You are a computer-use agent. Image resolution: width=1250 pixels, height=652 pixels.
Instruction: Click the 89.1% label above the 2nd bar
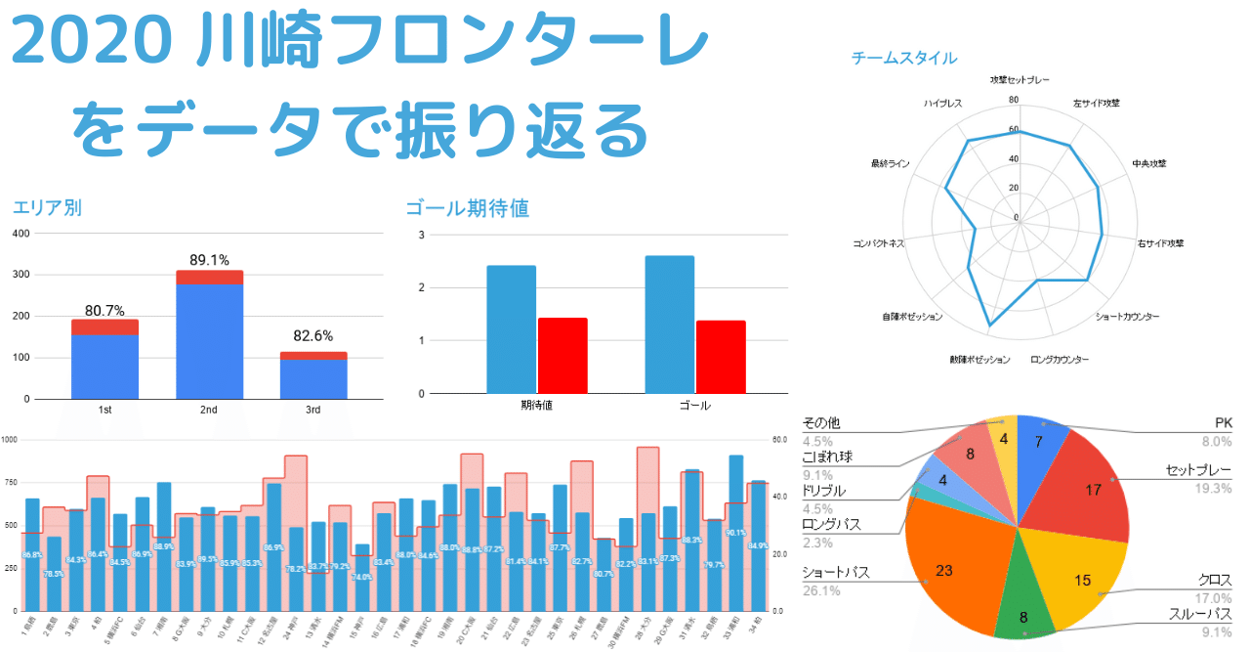coord(209,260)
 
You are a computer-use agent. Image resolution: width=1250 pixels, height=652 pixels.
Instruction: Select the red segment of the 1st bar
coord(104,327)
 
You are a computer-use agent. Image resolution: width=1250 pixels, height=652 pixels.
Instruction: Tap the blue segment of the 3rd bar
coord(312,379)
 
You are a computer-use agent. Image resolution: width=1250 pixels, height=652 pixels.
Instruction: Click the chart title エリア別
coord(47,207)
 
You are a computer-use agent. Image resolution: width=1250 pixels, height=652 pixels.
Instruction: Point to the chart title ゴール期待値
coord(467,207)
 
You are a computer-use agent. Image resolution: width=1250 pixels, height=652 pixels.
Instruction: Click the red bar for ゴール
coord(721,357)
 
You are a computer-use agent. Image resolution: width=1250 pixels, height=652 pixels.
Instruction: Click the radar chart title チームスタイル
coord(903,59)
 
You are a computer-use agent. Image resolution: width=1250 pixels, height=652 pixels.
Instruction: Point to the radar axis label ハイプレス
coord(944,103)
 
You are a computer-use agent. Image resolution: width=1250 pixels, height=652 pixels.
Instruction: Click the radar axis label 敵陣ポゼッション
coord(979,360)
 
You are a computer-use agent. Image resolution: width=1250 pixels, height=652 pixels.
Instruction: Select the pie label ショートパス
coord(835,572)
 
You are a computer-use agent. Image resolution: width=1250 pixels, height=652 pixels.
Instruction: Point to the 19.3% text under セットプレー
coord(1211,488)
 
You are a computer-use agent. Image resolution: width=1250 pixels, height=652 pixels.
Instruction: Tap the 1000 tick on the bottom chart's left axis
coord(10,440)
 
